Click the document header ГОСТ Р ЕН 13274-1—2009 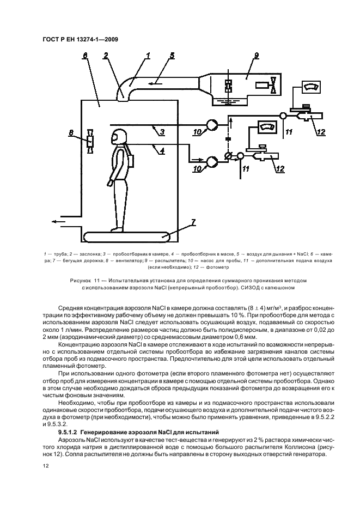(x=80, y=40)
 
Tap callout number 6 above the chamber (x=85, y=56)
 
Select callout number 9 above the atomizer (x=257, y=56)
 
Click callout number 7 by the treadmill (x=193, y=222)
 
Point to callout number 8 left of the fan (x=71, y=133)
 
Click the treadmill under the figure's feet (x=127, y=236)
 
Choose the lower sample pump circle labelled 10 (x=212, y=160)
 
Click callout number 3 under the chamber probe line (x=162, y=132)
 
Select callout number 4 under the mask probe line (x=162, y=150)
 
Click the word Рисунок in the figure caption (x=80, y=281)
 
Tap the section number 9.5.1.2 (x=68, y=432)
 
